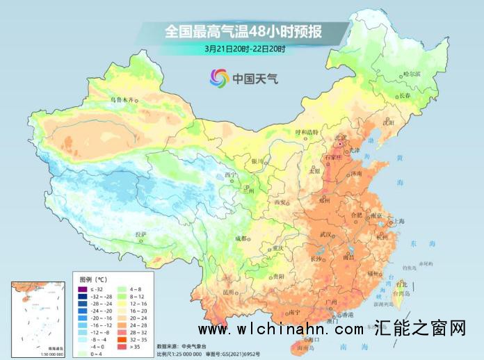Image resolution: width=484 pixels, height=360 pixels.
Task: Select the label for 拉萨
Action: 141,234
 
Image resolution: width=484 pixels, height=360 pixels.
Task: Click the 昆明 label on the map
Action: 229,293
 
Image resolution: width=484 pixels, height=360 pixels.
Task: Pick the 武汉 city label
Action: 323,234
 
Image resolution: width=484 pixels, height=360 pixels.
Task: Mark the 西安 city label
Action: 280,202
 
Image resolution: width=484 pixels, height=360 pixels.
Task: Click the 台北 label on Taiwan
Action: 401,284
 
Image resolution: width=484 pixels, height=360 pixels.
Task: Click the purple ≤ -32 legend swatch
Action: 82,289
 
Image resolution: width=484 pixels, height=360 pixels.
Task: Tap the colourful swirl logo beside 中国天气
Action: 219,78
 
